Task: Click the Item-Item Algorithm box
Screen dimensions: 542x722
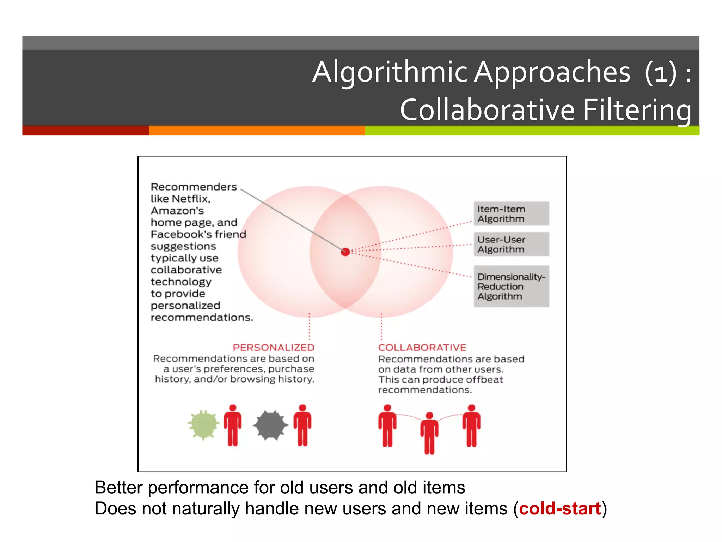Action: (x=511, y=214)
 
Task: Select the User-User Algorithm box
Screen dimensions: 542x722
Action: (x=511, y=244)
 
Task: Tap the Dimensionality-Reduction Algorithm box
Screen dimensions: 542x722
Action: (x=511, y=286)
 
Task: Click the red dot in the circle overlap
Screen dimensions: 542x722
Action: (x=345, y=252)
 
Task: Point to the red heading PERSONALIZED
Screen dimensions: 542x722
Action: (x=273, y=348)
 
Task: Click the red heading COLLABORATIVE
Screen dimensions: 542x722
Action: (x=422, y=348)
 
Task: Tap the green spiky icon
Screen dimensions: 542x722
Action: (x=203, y=425)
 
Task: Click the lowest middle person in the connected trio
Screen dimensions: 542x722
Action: (x=429, y=433)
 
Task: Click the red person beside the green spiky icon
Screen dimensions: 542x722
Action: (x=233, y=426)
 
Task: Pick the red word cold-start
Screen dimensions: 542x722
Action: (x=560, y=509)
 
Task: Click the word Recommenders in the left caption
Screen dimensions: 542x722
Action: (x=194, y=187)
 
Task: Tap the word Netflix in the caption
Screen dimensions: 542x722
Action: (x=191, y=199)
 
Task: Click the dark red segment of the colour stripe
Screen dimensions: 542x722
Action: (x=85, y=131)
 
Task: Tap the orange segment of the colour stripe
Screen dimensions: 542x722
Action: (x=257, y=131)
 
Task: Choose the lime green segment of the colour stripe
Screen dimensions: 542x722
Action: (x=532, y=131)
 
